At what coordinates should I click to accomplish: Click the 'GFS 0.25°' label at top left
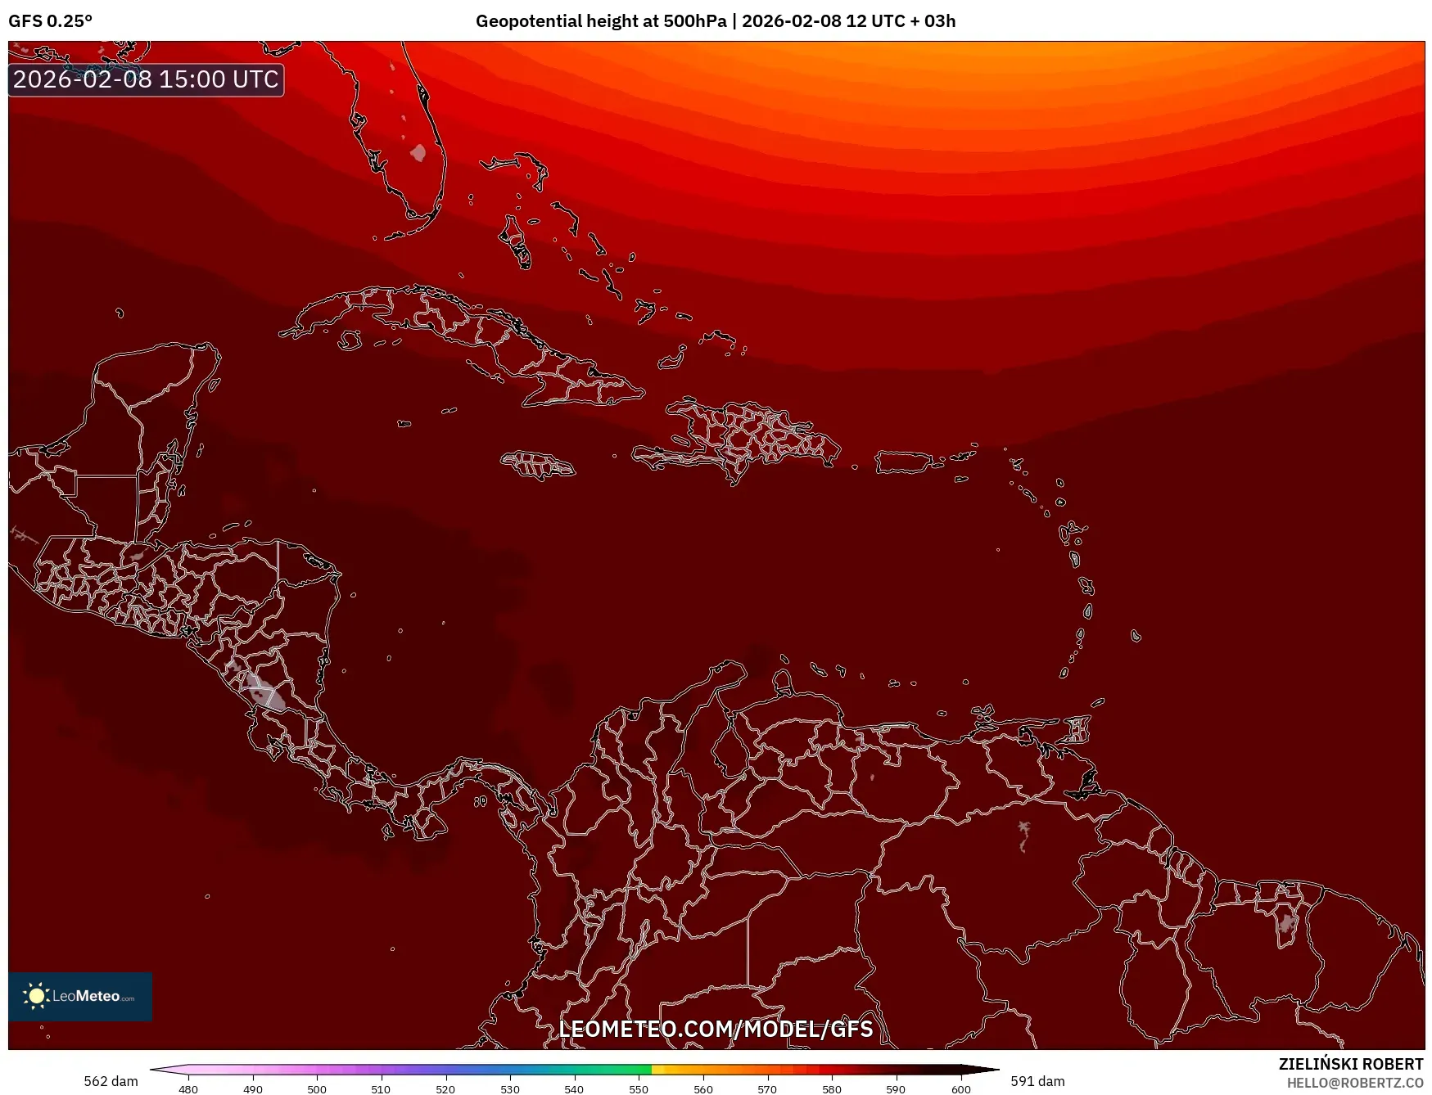coord(50,20)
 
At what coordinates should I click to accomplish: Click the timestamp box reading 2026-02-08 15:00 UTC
coord(146,79)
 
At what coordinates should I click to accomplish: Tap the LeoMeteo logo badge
coord(80,996)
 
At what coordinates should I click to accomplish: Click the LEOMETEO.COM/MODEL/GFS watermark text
coord(716,1029)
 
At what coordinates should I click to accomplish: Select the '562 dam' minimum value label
coord(111,1081)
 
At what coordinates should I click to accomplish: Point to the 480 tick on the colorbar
coord(188,1088)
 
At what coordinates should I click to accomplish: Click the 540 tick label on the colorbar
coord(574,1088)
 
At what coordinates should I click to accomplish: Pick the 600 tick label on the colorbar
coord(960,1088)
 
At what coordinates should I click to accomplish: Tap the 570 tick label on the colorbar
coord(767,1088)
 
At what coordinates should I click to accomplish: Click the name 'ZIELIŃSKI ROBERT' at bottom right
coord(1351,1064)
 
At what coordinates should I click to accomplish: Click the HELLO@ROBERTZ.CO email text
coord(1355,1083)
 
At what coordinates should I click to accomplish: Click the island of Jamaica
coord(539,465)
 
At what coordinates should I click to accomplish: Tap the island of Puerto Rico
coord(904,462)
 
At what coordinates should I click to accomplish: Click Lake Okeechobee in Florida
coord(418,153)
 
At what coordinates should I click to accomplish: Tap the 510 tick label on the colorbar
coord(381,1088)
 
